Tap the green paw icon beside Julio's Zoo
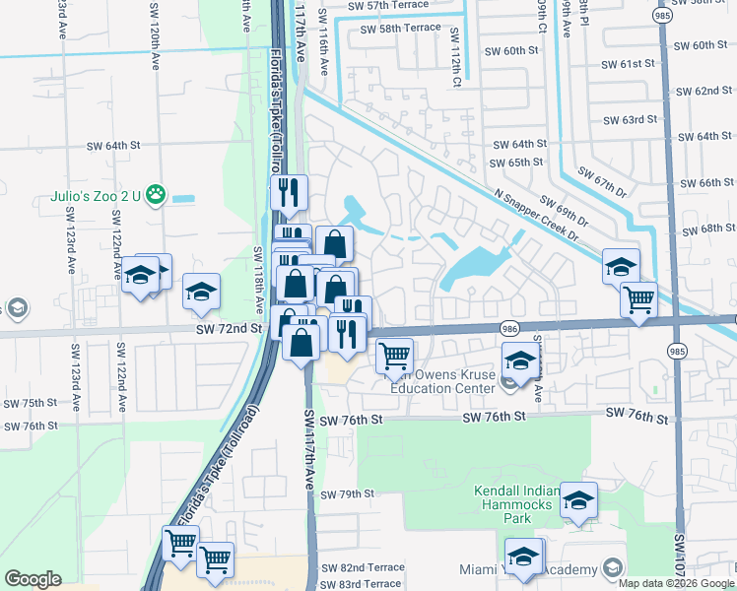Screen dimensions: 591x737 [x=156, y=195]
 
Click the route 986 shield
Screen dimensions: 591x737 [x=509, y=328]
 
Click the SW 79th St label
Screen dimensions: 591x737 [x=347, y=493]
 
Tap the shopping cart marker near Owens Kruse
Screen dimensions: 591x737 [x=394, y=355]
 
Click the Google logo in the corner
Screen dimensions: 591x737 [x=33, y=579]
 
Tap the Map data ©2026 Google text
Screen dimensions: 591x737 [x=676, y=582]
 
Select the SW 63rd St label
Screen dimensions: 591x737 [x=630, y=120]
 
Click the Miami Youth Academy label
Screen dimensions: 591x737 [x=528, y=570]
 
